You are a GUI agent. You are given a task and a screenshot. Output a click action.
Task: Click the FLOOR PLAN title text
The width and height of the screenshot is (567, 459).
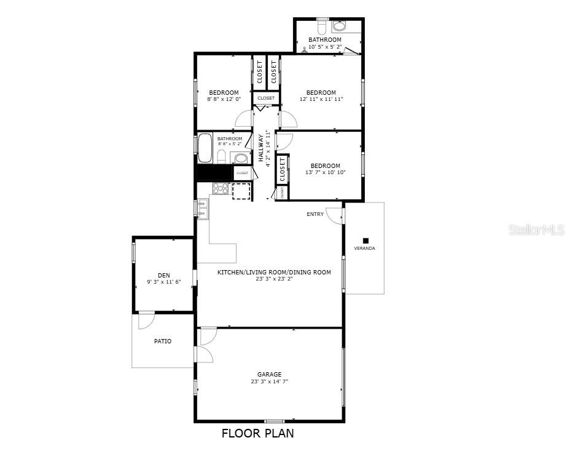257,433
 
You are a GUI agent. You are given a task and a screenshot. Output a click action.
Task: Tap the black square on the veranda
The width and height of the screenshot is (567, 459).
366,241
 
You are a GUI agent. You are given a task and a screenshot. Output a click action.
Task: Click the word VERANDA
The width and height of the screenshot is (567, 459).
364,249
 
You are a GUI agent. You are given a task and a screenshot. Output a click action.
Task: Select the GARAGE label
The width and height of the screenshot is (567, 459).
269,374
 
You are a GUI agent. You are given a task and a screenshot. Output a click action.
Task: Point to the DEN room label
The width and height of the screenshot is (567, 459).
163,275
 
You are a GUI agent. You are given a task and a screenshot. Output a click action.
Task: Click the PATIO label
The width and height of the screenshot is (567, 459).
163,341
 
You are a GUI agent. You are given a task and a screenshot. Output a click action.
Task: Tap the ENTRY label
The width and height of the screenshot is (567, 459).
315,214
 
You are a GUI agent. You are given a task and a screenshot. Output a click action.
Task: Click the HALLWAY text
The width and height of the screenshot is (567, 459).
260,148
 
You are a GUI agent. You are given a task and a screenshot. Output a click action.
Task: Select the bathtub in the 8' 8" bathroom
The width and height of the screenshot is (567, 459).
205,148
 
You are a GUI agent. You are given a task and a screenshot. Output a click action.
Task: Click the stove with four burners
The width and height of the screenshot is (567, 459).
221,188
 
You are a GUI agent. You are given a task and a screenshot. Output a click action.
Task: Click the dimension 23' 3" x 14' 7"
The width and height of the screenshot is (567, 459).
269,381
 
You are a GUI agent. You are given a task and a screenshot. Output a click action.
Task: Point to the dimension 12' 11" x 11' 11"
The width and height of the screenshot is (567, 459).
321,99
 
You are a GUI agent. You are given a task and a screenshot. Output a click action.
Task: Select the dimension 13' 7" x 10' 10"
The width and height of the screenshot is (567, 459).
325,172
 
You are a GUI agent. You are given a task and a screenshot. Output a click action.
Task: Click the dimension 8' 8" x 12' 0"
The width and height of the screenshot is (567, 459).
224,99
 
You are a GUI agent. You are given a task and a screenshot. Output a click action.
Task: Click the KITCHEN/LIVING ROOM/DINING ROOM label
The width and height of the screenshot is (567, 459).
274,272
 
